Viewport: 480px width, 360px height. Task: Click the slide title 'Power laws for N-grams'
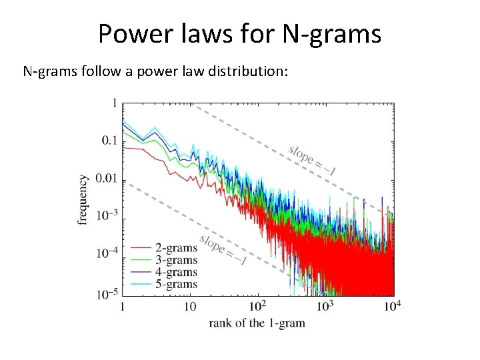click(x=240, y=33)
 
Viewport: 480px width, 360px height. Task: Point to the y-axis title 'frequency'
click(x=83, y=199)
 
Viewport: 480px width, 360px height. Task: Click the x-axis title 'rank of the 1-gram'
click(x=256, y=323)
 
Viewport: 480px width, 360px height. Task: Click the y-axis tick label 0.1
click(x=107, y=141)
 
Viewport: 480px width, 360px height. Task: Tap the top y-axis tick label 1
click(x=115, y=103)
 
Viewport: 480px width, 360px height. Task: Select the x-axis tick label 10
click(x=189, y=307)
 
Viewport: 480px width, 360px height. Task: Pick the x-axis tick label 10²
click(x=257, y=306)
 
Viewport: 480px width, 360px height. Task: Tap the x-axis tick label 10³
click(x=325, y=306)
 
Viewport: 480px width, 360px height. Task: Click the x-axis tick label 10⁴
click(x=392, y=306)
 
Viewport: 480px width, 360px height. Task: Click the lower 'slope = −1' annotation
click(x=223, y=250)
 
